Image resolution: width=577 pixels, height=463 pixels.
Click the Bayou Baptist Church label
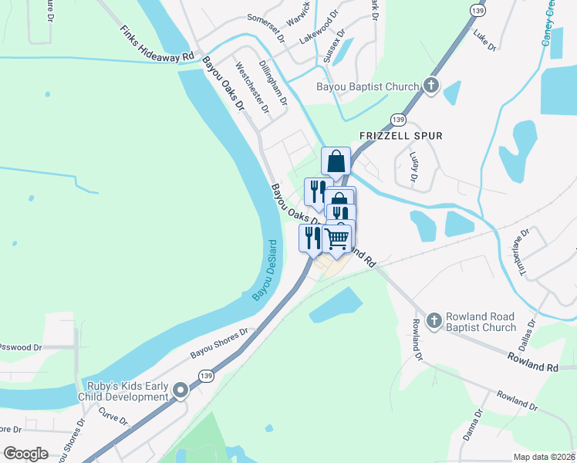[367, 86]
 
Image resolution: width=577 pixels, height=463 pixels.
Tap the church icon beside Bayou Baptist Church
[430, 86]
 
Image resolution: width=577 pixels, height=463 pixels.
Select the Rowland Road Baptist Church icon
[434, 319]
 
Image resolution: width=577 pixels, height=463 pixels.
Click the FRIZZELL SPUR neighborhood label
[401, 136]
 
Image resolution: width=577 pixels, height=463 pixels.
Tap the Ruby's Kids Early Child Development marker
[181, 391]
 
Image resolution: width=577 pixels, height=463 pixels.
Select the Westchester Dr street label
[252, 88]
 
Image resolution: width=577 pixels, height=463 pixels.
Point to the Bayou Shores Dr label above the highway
[222, 344]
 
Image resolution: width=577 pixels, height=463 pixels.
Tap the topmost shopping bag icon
[336, 162]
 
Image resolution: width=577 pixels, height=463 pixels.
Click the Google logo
[26, 454]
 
